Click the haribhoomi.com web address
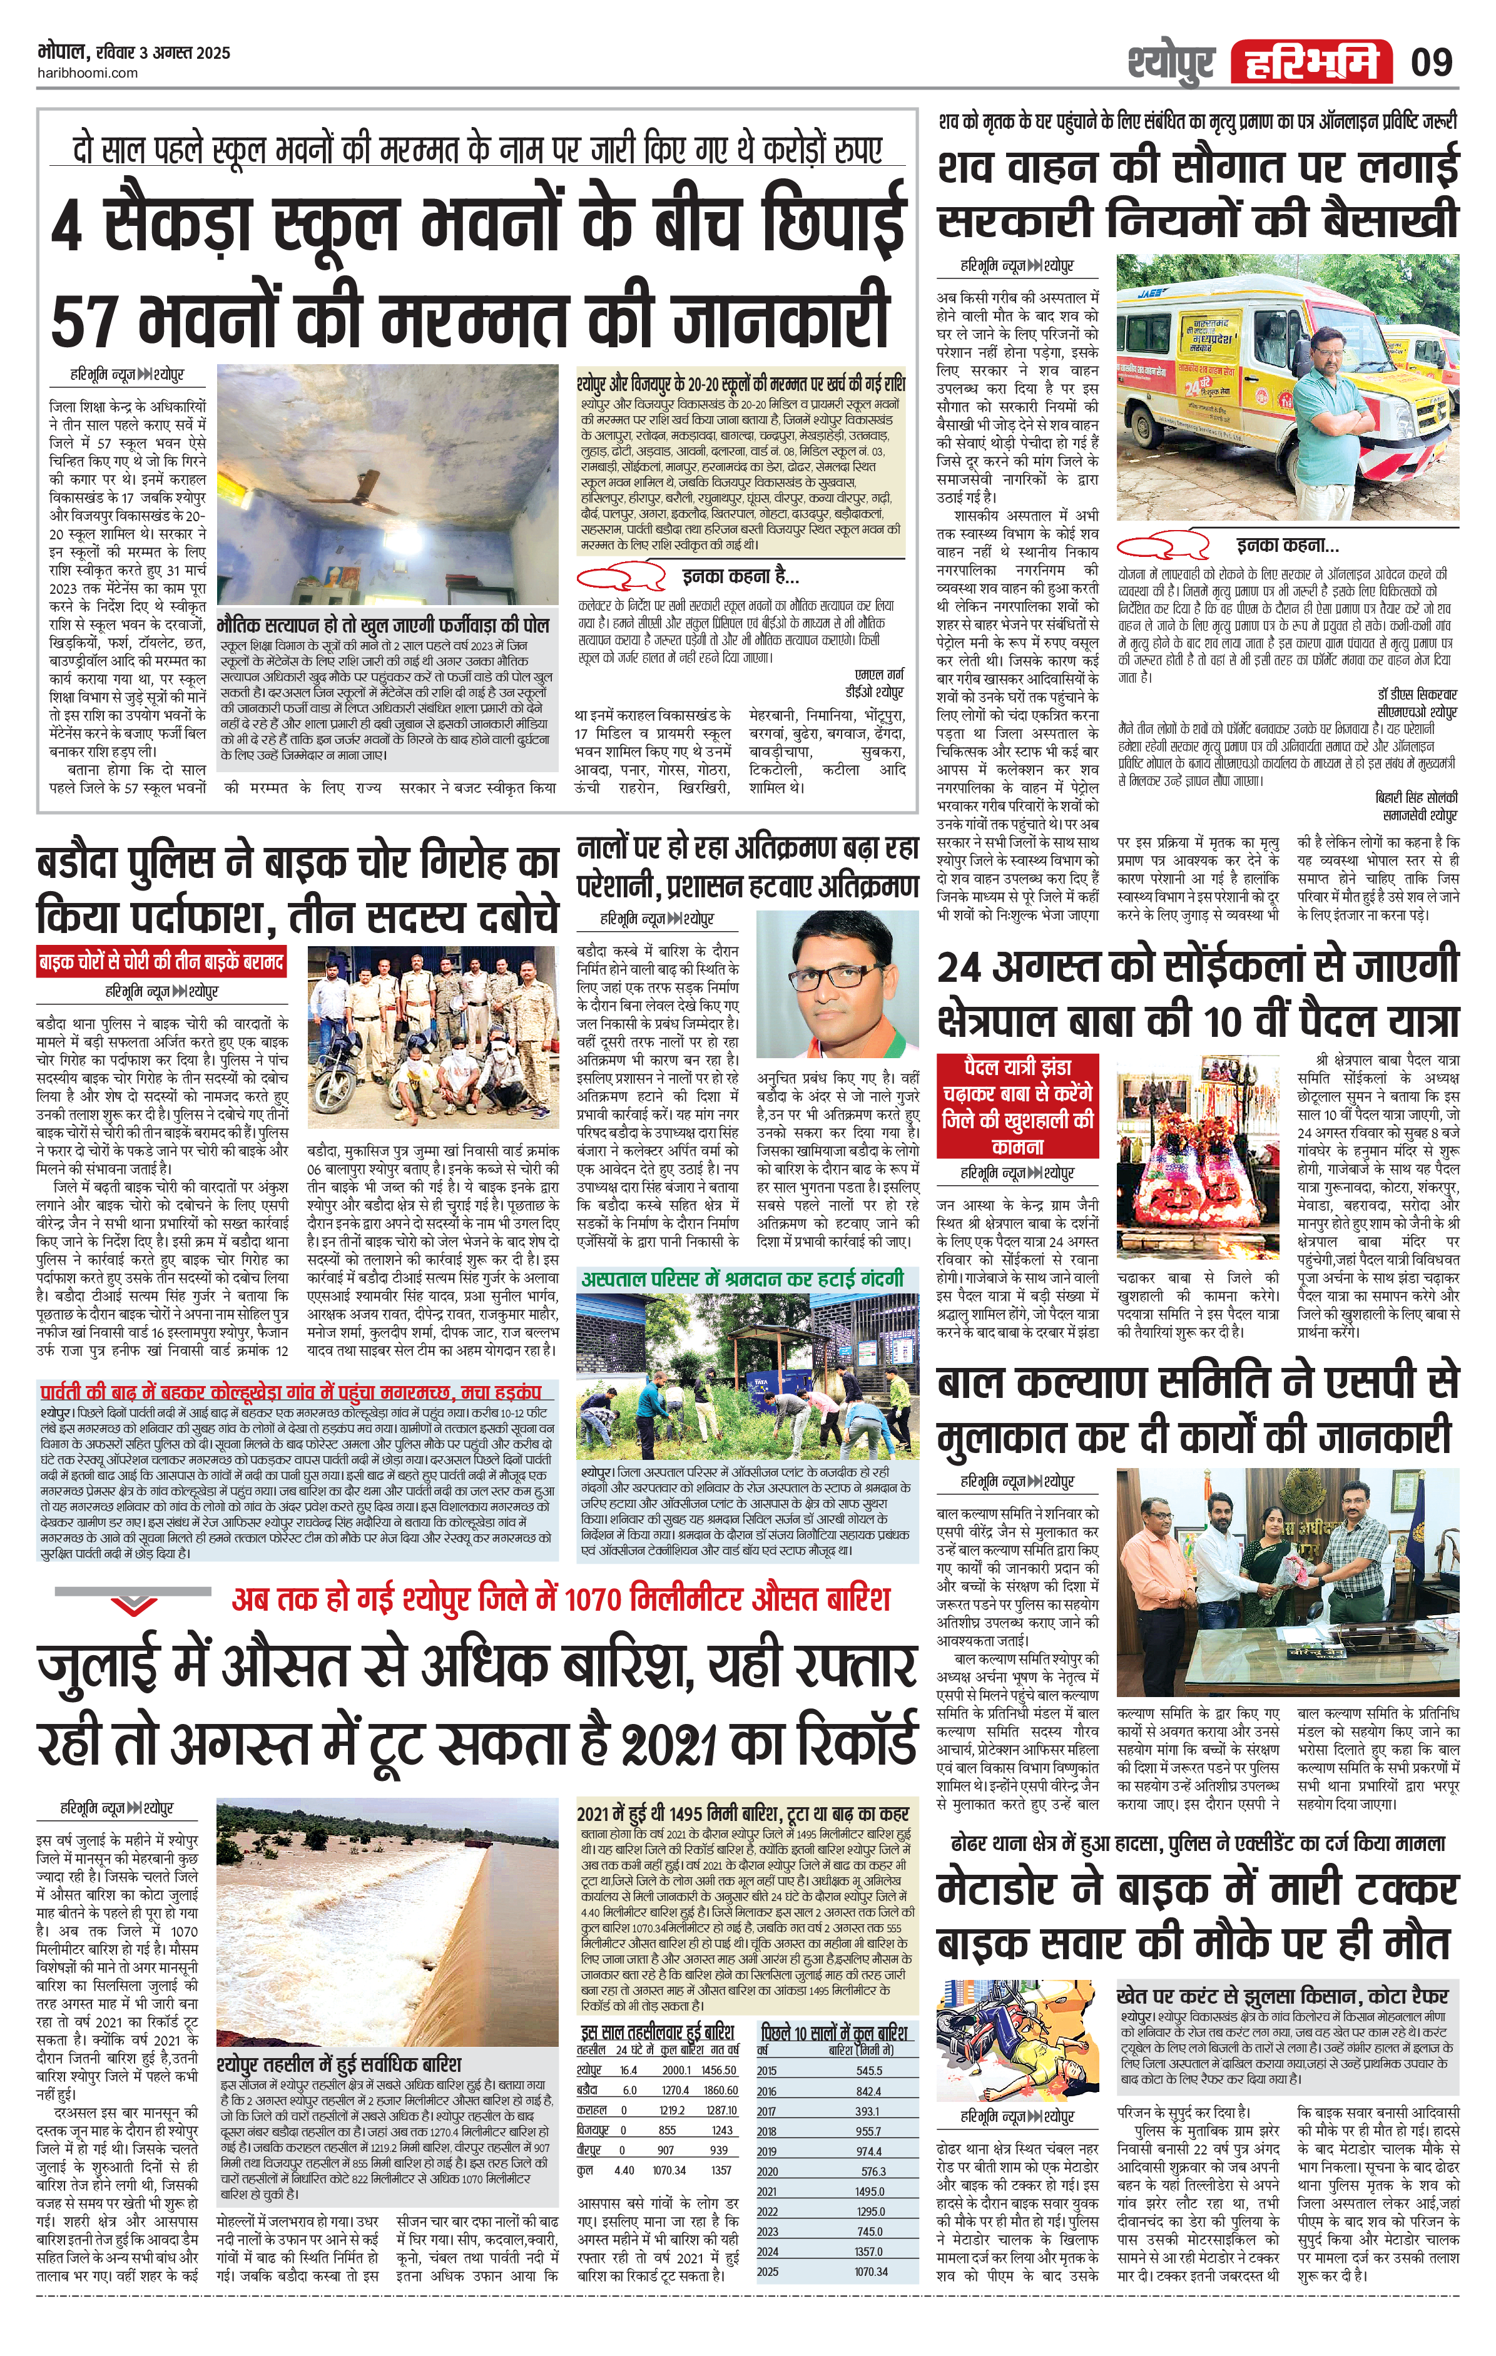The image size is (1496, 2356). click(87, 73)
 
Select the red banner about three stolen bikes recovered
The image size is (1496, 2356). click(161, 962)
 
